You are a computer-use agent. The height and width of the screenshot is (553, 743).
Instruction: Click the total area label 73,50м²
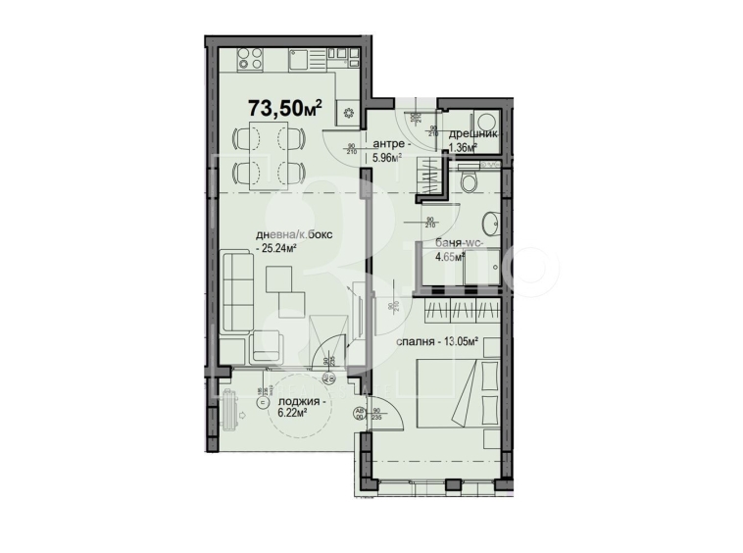click(285, 107)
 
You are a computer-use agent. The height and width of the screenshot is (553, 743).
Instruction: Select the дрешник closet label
click(473, 134)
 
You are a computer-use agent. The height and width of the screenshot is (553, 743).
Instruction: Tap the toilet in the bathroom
click(470, 182)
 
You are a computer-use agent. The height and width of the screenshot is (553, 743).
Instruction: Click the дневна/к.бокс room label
click(290, 235)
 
